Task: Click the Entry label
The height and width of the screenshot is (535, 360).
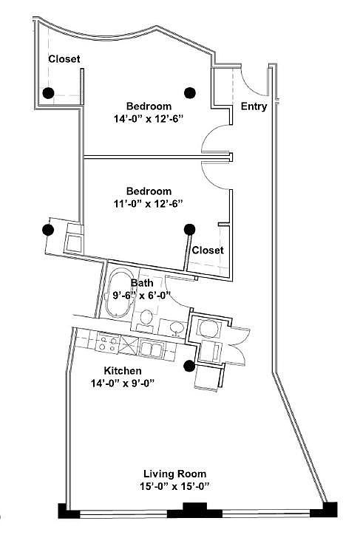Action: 254,106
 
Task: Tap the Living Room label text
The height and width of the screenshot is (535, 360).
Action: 174,474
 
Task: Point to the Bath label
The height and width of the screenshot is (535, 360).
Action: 142,283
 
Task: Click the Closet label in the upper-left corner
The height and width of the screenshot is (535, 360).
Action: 64,59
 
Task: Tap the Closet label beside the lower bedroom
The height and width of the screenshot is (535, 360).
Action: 208,250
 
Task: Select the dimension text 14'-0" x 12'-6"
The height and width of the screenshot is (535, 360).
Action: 149,119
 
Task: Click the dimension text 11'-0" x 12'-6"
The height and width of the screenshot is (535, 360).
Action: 149,204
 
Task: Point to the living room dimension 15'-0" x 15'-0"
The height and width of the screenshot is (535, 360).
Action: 174,486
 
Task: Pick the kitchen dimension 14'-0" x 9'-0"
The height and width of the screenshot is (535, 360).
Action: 123,384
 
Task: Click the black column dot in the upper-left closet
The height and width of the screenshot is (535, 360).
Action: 48,93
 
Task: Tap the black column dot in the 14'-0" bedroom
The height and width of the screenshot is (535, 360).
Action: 190,92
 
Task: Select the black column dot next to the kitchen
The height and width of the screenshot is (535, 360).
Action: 189,366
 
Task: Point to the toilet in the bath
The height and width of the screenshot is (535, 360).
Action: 146,319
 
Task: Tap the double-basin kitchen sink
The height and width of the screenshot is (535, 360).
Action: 152,349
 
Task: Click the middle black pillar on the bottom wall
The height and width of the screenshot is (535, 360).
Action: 194,510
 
